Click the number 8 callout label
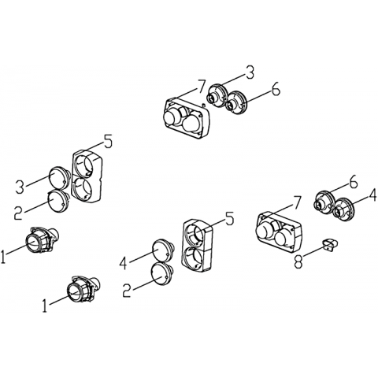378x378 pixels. tap(298, 261)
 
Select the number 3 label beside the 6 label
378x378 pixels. tap(250, 72)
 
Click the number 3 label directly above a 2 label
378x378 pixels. tap(20, 187)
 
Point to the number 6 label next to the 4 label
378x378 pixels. tap(353, 181)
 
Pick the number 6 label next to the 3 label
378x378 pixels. tap(276, 90)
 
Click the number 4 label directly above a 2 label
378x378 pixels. tap(123, 263)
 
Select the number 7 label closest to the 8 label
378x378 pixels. tap(296, 202)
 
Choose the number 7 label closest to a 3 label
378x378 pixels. tap(201, 86)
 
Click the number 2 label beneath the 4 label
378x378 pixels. tap(127, 291)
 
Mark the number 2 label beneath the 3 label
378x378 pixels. tap(18, 213)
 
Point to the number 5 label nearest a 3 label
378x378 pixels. tap(107, 142)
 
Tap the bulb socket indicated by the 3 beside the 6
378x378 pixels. tap(217, 96)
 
